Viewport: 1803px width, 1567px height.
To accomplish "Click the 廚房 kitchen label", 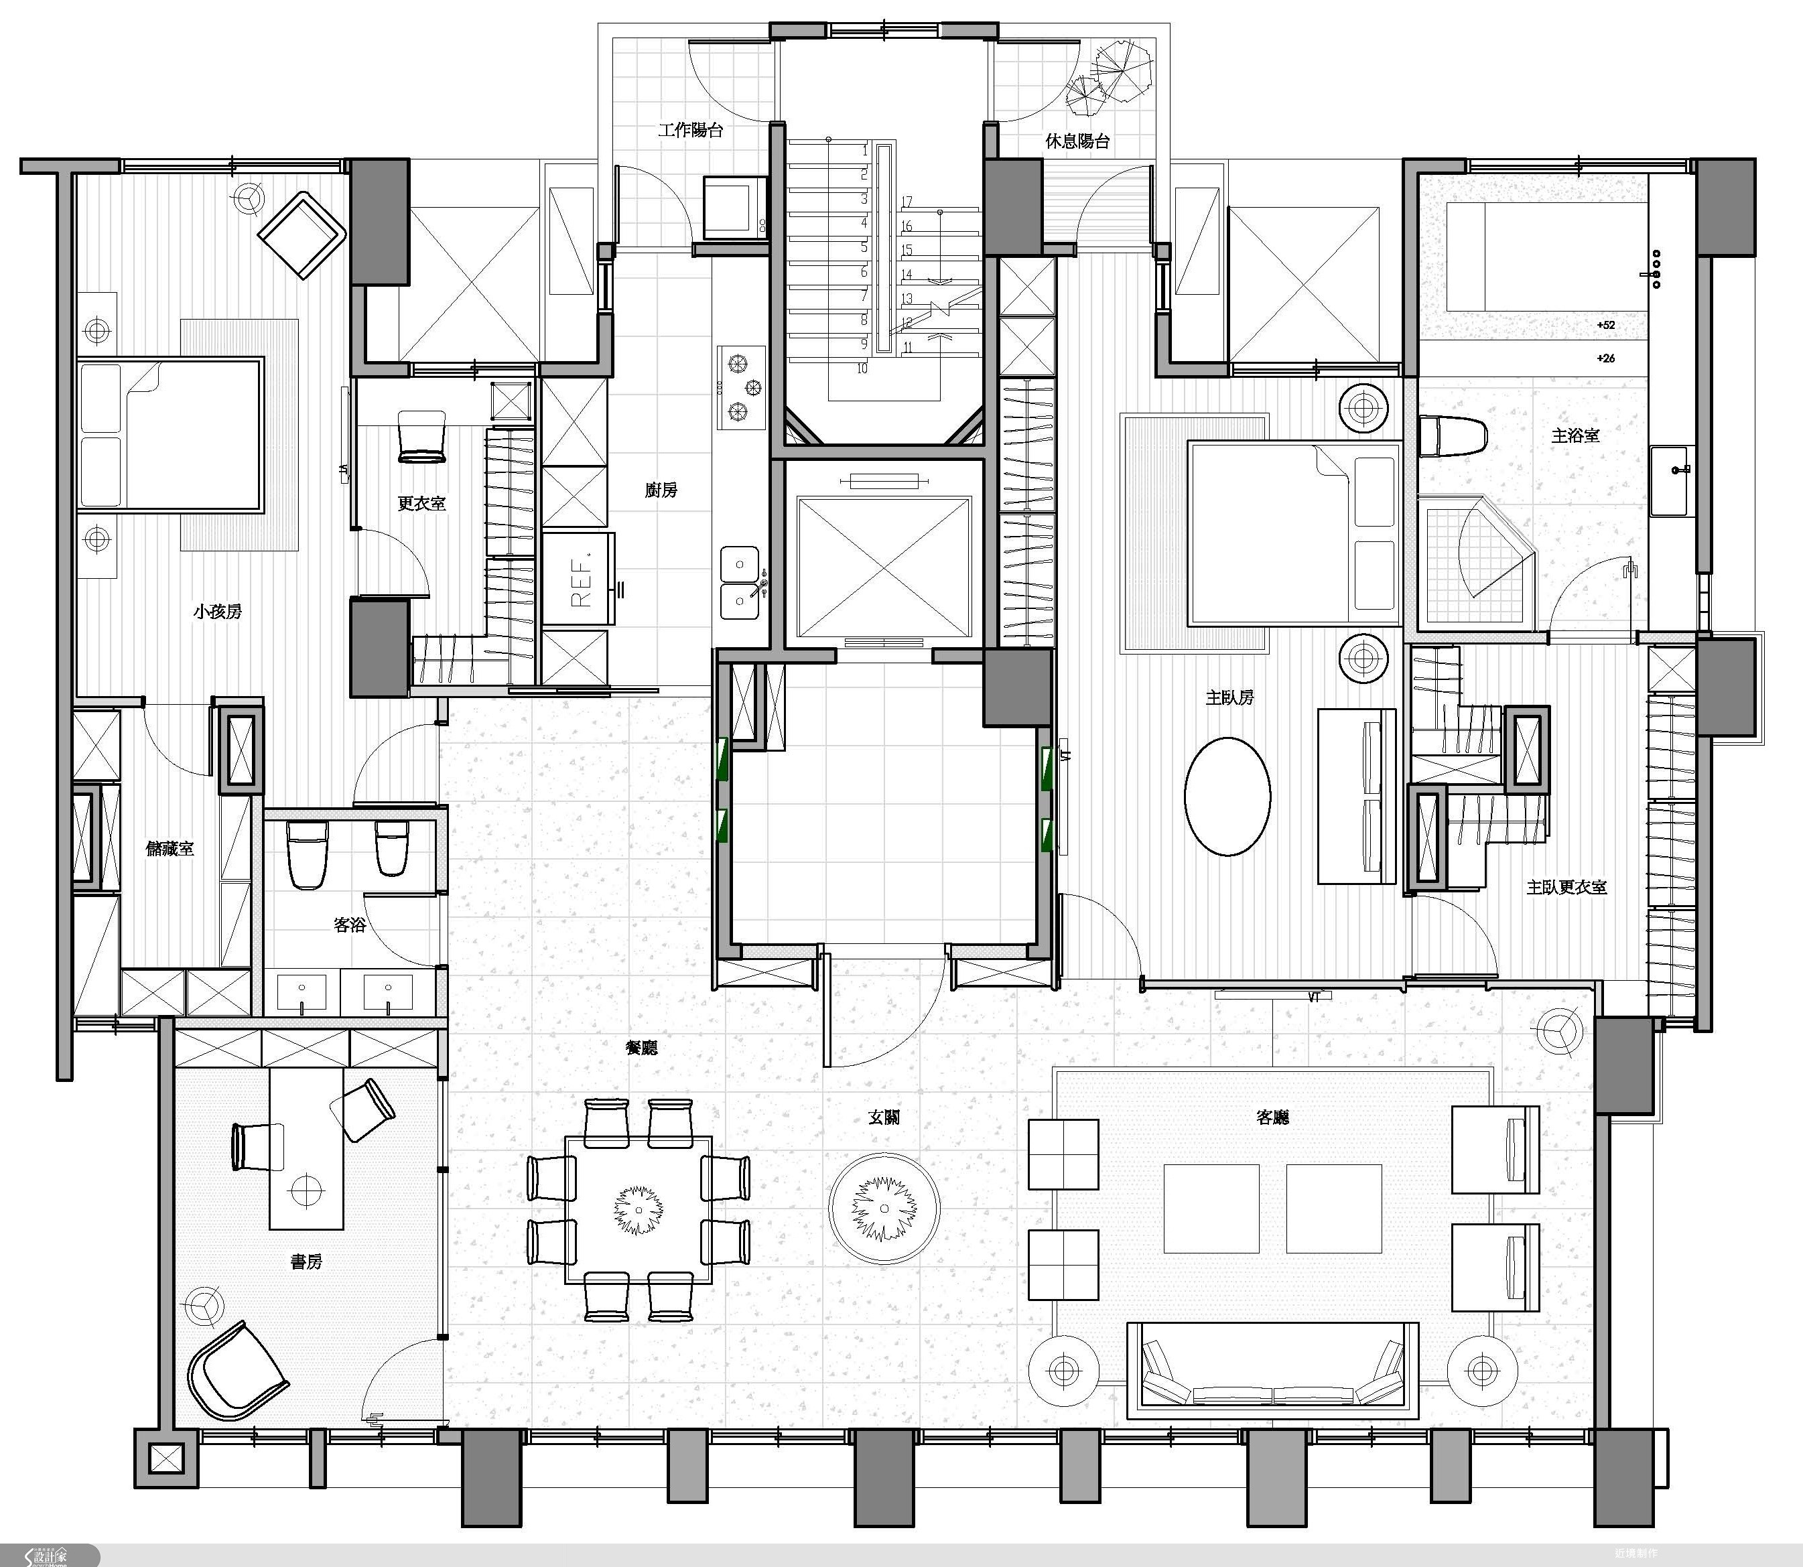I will [661, 490].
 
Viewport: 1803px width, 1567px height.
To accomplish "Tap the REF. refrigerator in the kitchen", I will [579, 578].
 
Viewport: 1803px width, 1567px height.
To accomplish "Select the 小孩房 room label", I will [218, 611].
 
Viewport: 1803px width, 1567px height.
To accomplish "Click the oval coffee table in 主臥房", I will [1227, 797].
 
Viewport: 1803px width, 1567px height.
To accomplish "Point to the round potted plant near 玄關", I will [885, 1209].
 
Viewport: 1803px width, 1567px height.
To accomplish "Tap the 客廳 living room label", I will [1272, 1117].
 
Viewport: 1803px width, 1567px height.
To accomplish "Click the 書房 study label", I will [306, 1262].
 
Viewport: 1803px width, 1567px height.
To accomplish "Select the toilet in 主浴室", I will [1451, 435].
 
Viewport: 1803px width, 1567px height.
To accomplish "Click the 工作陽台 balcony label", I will [691, 130].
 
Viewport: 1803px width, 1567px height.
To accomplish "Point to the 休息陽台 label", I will [1077, 141].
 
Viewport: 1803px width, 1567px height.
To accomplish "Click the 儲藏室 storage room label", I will [170, 848].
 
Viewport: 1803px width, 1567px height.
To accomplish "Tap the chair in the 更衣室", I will [421, 436].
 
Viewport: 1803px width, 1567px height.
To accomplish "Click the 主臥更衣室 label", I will [1566, 888].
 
